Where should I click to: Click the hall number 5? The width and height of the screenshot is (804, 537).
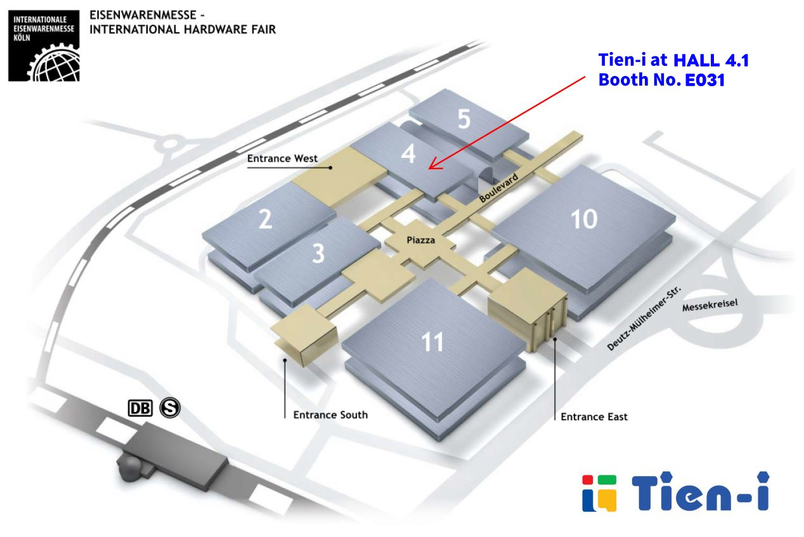tap(464, 118)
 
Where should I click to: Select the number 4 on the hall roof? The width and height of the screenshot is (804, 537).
tap(408, 153)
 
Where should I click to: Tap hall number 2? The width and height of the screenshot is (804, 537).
tap(266, 219)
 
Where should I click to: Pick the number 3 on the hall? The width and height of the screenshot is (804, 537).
tap(318, 253)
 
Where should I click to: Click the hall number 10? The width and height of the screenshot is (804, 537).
tap(584, 219)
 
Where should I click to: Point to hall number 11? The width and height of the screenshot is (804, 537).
tap(433, 342)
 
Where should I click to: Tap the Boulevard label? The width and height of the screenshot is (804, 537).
tap(499, 189)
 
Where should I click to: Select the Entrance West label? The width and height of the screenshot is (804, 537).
tap(282, 159)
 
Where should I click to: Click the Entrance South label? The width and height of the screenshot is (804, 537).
tap(330, 415)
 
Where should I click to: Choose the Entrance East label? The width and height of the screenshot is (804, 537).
tap(594, 417)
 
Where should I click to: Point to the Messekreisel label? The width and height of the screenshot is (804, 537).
tap(710, 306)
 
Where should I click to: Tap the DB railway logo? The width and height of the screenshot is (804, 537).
tap(141, 409)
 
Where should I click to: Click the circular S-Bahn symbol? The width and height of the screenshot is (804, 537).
tap(170, 408)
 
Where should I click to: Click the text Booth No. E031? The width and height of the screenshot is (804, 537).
tap(661, 81)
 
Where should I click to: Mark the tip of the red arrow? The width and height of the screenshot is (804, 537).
tap(429, 169)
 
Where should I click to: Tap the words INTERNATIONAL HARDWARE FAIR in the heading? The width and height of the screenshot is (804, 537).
tap(183, 29)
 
